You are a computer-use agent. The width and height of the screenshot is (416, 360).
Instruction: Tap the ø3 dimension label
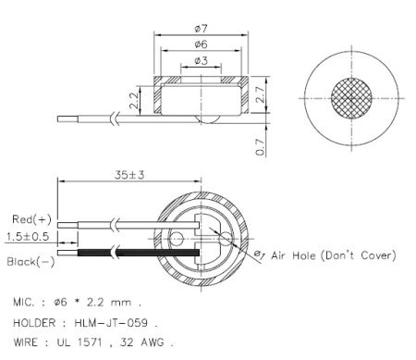(x=201, y=62)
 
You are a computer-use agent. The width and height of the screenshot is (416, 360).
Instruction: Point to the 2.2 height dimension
(x=134, y=100)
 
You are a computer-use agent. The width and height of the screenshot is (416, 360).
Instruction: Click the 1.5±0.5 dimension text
(x=29, y=237)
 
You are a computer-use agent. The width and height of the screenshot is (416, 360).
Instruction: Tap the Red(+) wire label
(x=31, y=219)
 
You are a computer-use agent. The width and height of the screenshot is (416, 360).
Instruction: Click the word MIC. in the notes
(x=27, y=304)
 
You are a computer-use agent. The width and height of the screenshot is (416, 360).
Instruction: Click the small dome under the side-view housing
(x=206, y=120)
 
